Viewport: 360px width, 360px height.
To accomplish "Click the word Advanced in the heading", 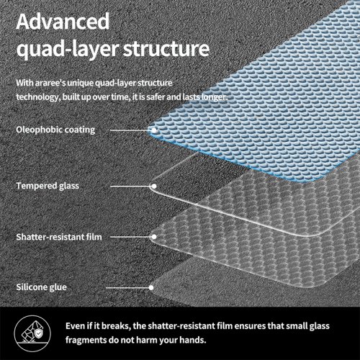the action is pyautogui.click(x=63, y=22).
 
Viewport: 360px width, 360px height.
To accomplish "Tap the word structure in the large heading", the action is pyautogui.click(x=166, y=49).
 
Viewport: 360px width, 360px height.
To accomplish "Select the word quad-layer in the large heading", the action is pyautogui.click(x=68, y=50).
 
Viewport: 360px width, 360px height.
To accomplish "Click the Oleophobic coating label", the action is pyautogui.click(x=55, y=130).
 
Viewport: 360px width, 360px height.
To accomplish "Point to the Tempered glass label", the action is pyautogui.click(x=48, y=186).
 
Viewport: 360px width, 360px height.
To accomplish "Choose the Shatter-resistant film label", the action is pyautogui.click(x=59, y=237).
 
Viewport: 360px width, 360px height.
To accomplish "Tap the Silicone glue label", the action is pyautogui.click(x=41, y=287).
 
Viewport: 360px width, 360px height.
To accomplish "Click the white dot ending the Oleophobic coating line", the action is pyautogui.click(x=154, y=130).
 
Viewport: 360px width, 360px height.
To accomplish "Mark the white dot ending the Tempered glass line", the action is pyautogui.click(x=154, y=186).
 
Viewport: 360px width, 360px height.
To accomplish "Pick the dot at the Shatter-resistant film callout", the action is pyautogui.click(x=154, y=237).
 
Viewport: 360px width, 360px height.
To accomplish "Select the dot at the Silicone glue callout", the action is pyautogui.click(x=151, y=287).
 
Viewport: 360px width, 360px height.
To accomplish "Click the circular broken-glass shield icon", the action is pyautogui.click(x=32, y=333).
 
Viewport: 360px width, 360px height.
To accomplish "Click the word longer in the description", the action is pyautogui.click(x=215, y=97).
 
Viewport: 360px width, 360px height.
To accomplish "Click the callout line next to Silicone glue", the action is pyautogui.click(x=127, y=287).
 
